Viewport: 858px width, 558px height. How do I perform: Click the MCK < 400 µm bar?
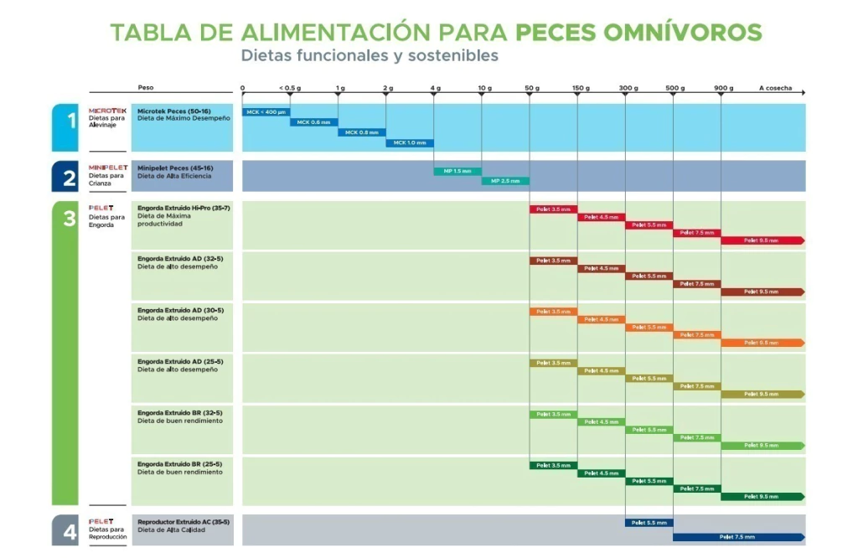pos(266,111)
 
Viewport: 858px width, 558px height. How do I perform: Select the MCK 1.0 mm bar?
pos(409,142)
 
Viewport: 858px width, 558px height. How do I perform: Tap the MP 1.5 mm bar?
pos(457,171)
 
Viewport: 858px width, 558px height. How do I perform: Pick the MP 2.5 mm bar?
pos(504,181)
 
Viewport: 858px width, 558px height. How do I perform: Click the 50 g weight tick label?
pos(531,88)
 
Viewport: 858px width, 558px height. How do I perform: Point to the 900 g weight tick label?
pos(723,88)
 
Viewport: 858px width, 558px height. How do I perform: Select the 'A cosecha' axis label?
pos(775,88)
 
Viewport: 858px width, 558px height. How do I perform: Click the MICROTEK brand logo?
pos(107,111)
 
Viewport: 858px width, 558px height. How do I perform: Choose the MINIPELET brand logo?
pos(108,167)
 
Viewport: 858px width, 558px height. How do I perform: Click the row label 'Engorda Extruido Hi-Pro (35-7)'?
pos(183,207)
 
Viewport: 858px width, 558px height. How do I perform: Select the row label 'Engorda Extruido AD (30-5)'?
pos(180,310)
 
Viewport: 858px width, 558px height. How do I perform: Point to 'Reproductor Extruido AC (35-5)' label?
pos(183,521)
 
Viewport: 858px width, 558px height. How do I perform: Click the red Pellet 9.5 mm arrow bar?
pos(762,240)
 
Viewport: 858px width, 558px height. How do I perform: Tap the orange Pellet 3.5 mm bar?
pos(553,312)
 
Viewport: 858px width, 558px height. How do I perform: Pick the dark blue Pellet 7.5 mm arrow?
pos(738,537)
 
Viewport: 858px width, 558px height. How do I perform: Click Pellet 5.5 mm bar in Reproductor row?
pos(649,523)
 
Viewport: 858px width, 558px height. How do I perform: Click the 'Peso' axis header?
pos(146,88)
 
